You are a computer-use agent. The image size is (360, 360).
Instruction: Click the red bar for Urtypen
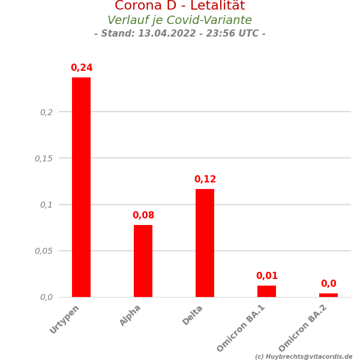click(81, 187)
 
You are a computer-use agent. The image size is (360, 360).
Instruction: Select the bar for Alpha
click(143, 261)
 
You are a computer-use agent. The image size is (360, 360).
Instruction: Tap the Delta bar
click(205, 243)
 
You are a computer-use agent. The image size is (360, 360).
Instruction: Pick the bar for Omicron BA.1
click(266, 291)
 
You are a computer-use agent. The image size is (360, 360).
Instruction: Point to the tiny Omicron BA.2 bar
click(328, 295)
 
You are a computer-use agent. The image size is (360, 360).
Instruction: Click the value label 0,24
click(82, 68)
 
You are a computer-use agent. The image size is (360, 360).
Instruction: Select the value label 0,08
click(143, 215)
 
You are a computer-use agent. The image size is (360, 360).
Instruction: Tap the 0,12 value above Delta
click(205, 179)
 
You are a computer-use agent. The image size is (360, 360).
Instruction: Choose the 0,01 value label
click(267, 276)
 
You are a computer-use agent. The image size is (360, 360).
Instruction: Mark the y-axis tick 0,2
click(46, 112)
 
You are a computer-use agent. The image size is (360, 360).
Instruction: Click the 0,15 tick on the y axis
click(44, 158)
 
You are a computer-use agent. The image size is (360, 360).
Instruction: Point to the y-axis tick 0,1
click(46, 205)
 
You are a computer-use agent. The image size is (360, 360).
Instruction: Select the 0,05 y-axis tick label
click(44, 251)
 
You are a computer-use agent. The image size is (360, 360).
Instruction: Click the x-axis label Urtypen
click(65, 319)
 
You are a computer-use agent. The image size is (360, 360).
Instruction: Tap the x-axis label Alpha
click(130, 316)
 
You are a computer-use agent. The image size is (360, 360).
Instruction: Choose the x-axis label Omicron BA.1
click(241, 328)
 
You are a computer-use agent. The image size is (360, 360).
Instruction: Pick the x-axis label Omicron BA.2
click(303, 328)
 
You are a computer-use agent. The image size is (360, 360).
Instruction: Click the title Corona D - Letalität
click(180, 6)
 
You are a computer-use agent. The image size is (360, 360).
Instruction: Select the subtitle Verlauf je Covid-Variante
click(180, 20)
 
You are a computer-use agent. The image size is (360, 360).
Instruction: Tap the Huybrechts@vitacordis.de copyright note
click(304, 356)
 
